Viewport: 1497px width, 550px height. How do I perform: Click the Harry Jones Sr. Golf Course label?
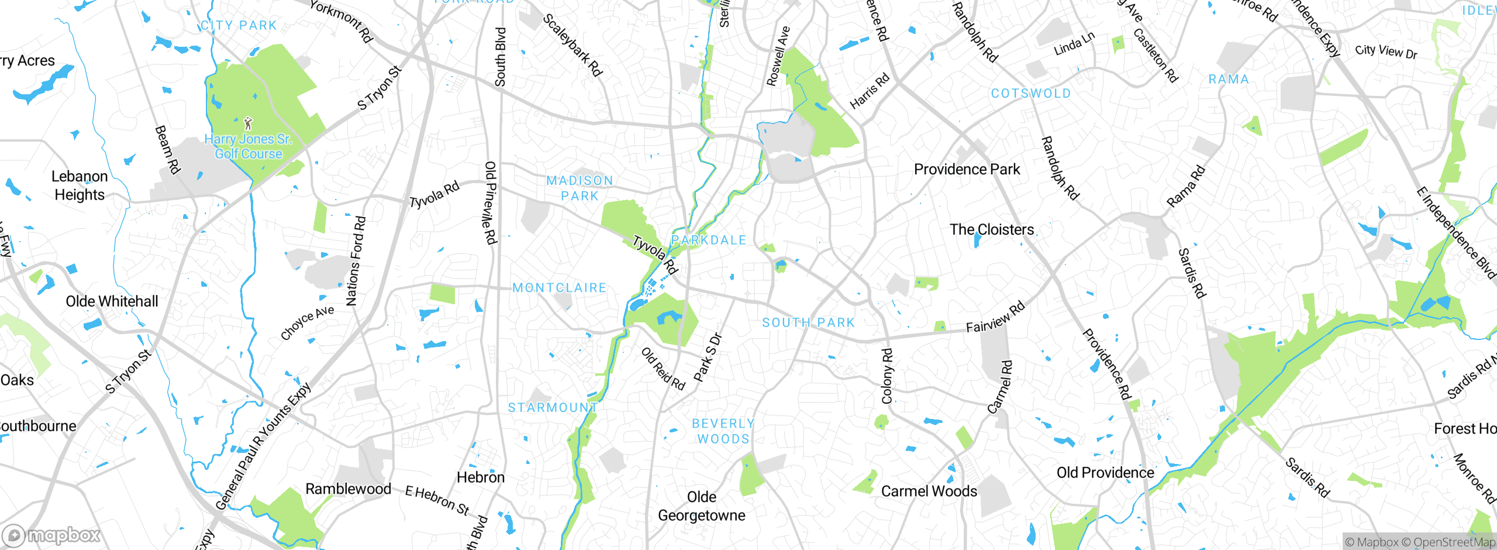click(x=248, y=147)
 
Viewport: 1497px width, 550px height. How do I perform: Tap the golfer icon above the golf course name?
click(x=248, y=123)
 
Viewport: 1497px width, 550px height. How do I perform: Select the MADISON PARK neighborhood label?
click(x=580, y=188)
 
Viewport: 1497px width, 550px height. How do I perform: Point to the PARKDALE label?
click(x=709, y=240)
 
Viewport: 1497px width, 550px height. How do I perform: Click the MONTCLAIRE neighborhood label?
click(x=560, y=288)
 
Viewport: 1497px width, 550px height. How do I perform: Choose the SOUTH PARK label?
click(x=808, y=322)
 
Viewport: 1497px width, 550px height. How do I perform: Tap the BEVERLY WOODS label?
click(x=723, y=431)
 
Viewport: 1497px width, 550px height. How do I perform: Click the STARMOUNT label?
click(x=553, y=407)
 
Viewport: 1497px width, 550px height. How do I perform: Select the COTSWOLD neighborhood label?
click(x=1031, y=94)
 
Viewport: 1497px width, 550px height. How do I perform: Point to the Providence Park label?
click(x=967, y=170)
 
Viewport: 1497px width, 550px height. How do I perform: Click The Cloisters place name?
click(x=992, y=230)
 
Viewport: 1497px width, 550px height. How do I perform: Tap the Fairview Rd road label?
click(x=995, y=317)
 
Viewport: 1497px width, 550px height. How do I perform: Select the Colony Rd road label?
click(x=887, y=376)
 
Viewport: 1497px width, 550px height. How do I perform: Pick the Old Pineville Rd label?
click(x=491, y=202)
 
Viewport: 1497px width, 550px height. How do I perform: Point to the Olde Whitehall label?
click(x=112, y=302)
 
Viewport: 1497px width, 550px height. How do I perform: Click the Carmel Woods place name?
click(x=929, y=491)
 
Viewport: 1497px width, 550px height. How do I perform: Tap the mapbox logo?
click(x=51, y=535)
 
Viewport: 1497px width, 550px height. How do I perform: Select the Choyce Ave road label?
click(x=307, y=322)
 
